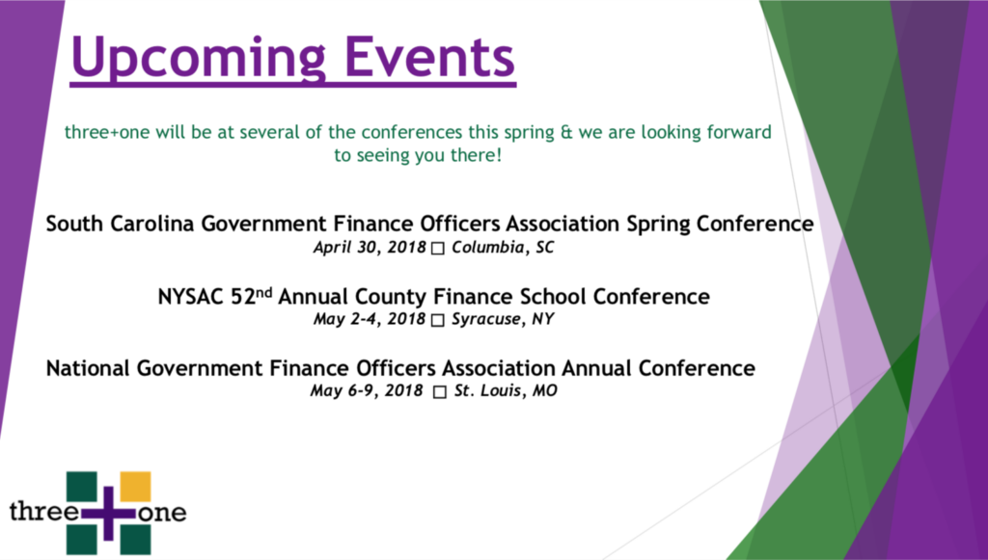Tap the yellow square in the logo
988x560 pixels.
tap(135, 487)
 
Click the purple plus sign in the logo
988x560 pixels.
tap(108, 513)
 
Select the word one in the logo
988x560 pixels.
tap(162, 513)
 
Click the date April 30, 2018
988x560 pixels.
tap(370, 248)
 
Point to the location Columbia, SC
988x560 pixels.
tap(503, 248)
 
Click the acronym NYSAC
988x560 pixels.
tap(191, 296)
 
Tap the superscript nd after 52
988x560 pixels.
tap(264, 292)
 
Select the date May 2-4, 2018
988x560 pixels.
tap(370, 319)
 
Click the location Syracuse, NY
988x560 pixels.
tap(503, 319)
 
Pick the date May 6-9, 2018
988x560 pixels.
tap(366, 390)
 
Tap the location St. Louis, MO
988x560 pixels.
tap(506, 390)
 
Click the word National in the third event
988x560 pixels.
tap(88, 368)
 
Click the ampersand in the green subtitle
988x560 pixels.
tap(566, 133)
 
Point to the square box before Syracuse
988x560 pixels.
tap(437, 320)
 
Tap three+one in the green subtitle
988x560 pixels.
tap(107, 133)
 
